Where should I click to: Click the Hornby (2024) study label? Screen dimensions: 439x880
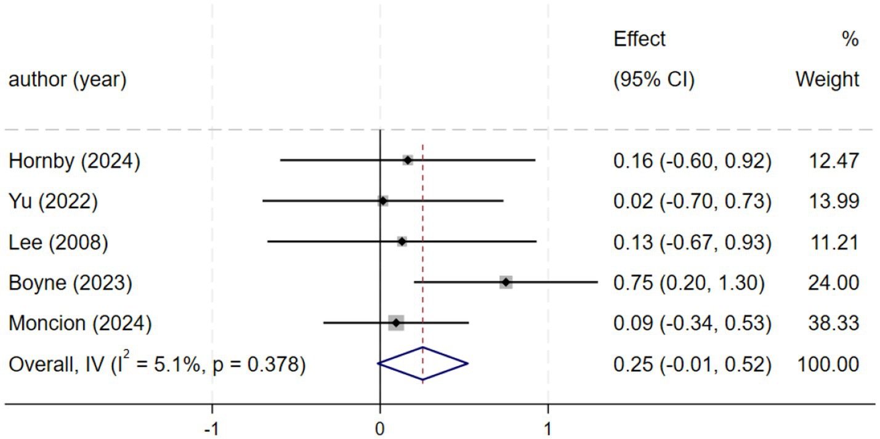75,161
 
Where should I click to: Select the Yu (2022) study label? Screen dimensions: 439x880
53,202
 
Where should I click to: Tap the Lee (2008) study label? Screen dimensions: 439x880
59,243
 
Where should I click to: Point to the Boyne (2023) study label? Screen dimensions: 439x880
70,283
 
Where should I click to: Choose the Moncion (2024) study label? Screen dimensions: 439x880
80,323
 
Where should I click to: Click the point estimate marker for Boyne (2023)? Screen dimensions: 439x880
506,282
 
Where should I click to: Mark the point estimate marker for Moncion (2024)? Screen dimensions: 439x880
396,323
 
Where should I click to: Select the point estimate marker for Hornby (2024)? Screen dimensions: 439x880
408,160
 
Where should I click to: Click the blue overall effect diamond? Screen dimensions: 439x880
423,364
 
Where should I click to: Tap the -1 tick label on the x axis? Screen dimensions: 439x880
212,429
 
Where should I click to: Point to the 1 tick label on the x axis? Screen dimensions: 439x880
547,429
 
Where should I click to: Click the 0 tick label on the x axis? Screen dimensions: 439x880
380,429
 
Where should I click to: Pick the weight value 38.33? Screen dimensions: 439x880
834,323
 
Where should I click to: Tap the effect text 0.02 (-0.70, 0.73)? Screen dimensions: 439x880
692,202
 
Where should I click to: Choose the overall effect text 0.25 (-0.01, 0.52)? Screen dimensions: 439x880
692,364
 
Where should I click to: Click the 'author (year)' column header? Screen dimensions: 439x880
68,80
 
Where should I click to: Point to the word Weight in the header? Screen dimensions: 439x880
827,79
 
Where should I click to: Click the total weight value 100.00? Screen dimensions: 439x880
828,364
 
